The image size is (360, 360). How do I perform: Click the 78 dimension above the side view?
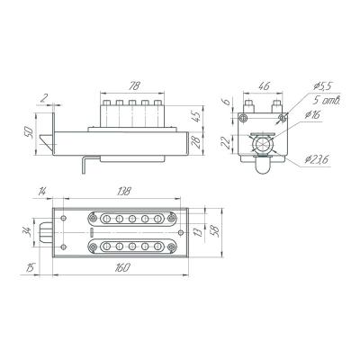click(134, 86)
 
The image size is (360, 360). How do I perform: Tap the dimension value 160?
click(122, 267)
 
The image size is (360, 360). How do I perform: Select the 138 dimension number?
click(123, 191)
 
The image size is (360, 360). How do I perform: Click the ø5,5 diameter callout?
click(323, 86)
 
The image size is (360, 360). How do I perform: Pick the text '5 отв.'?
click(328, 100)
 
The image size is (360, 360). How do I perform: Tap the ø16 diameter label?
click(312, 114)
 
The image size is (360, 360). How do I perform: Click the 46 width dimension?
click(264, 86)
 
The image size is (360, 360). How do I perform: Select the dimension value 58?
click(216, 231)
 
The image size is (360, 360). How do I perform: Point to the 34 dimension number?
click(27, 231)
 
